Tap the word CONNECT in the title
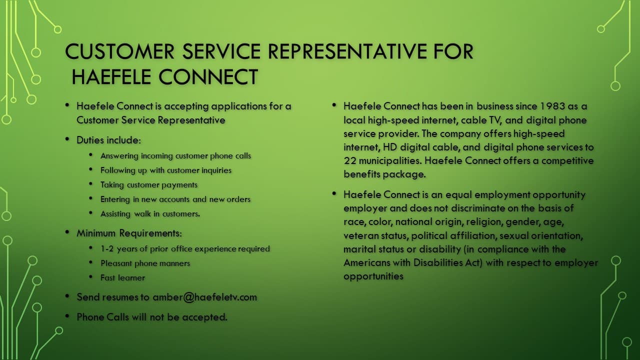tap(208, 76)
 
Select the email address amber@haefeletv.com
tap(205, 297)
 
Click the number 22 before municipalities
tap(350, 160)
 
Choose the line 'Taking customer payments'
tap(149, 185)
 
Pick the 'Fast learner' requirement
tap(122, 277)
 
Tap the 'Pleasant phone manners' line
tap(145, 263)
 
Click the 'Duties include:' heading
tap(108, 140)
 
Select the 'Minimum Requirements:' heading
tap(129, 233)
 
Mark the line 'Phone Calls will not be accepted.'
tap(152, 317)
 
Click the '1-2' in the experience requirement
tap(107, 248)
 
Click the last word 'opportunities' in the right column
tap(373, 276)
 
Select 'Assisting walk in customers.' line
tap(150, 213)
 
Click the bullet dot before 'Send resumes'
tap(67, 296)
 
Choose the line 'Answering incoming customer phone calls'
tap(175, 156)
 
